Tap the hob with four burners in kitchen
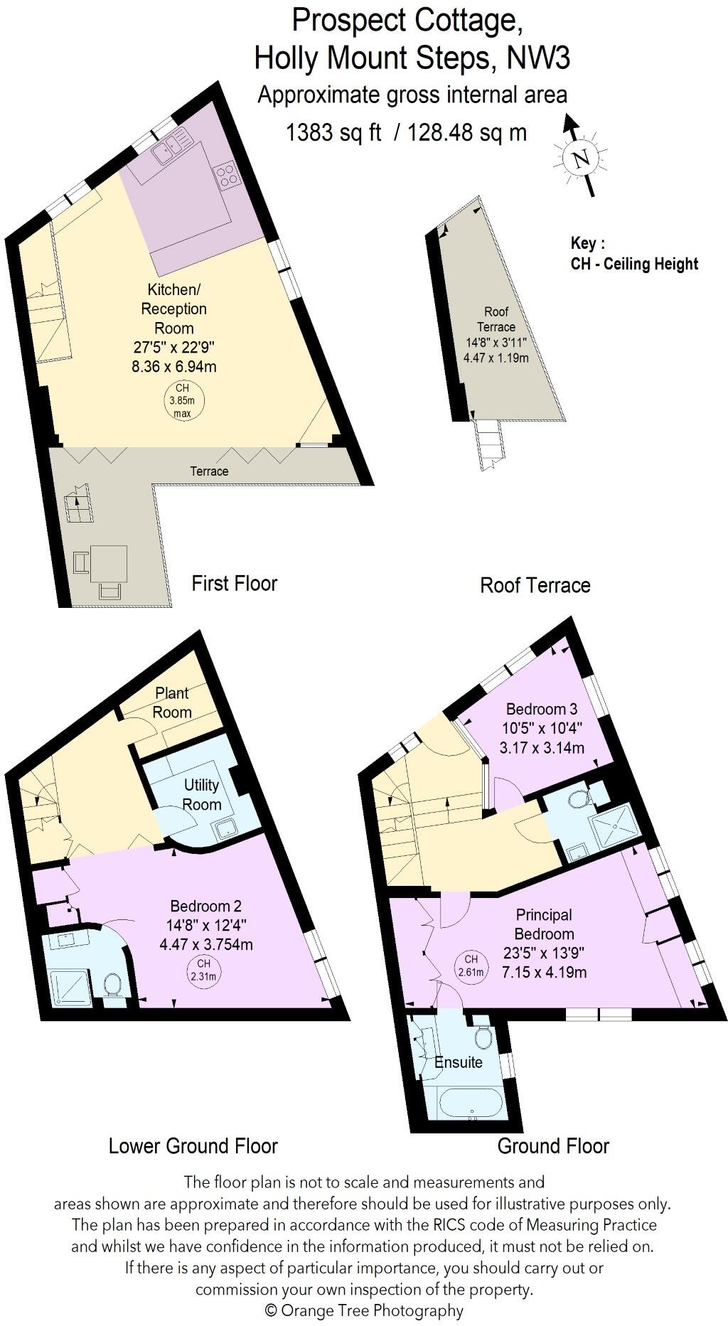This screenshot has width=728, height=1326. pyautogui.click(x=227, y=175)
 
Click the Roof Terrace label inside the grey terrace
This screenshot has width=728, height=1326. pyautogui.click(x=496, y=319)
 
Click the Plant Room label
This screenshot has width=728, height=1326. pyautogui.click(x=173, y=702)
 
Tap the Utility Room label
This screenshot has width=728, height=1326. pyautogui.click(x=202, y=794)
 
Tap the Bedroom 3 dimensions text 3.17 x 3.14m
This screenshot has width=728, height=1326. pyautogui.click(x=542, y=747)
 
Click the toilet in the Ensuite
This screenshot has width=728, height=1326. pyautogui.click(x=483, y=1038)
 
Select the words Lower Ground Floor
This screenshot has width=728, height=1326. pyautogui.click(x=193, y=1146)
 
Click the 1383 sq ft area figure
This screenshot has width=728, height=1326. pyautogui.click(x=334, y=132)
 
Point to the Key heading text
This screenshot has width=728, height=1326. pyautogui.click(x=587, y=243)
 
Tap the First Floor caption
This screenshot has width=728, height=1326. pyautogui.click(x=234, y=584)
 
